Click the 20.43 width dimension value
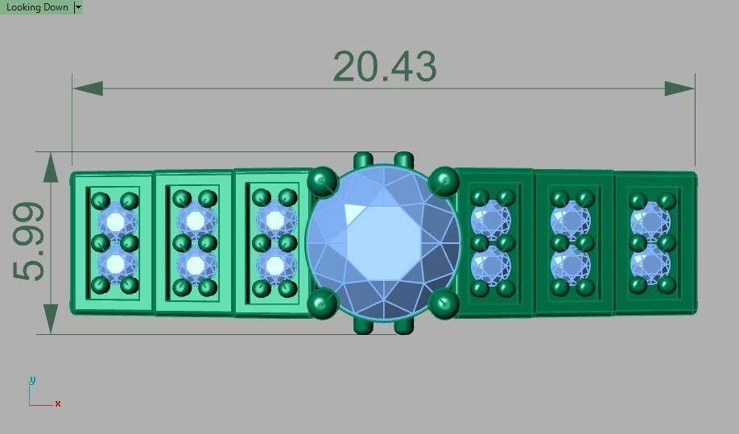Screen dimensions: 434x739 [384, 67]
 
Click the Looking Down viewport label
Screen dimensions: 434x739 [37, 7]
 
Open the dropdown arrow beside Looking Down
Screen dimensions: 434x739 [78, 7]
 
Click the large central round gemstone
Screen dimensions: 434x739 [383, 242]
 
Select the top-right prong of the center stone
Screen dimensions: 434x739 [444, 181]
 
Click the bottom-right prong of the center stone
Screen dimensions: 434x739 [444, 303]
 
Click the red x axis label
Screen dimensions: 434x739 [58, 403]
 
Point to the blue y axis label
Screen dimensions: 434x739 [32, 380]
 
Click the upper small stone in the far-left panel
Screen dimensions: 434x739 [115, 221]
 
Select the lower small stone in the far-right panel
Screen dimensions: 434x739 [650, 263]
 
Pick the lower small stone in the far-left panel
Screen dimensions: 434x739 [115, 263]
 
